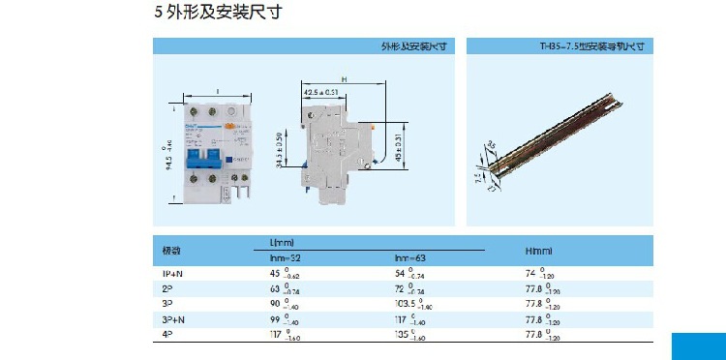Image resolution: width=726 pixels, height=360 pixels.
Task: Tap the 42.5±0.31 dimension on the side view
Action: pyautogui.click(x=321, y=92)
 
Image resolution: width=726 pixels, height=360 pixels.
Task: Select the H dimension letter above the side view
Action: pyautogui.click(x=344, y=79)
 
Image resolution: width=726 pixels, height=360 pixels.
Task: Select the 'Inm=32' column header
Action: pyautogui.click(x=285, y=258)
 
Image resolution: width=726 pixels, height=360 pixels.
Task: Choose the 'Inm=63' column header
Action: pyautogui.click(x=410, y=258)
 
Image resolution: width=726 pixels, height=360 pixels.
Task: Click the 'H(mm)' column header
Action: pyautogui.click(x=538, y=251)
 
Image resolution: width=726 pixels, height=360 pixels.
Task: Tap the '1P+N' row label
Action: pyautogui.click(x=171, y=275)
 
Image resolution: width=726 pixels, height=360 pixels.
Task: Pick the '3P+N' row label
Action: pyautogui.click(x=171, y=318)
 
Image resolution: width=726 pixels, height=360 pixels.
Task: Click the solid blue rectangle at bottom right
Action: pyautogui.click(x=698, y=346)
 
